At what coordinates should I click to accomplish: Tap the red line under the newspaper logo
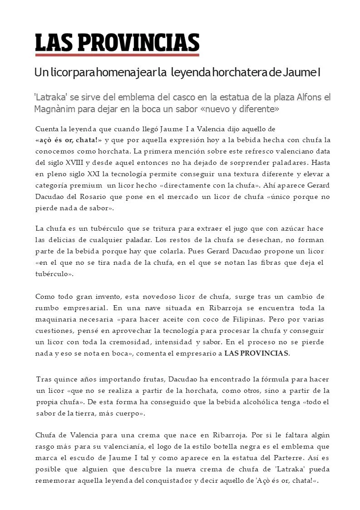pyautogui.click(x=117, y=55)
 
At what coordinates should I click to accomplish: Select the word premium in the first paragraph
pyautogui.click(x=88, y=185)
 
